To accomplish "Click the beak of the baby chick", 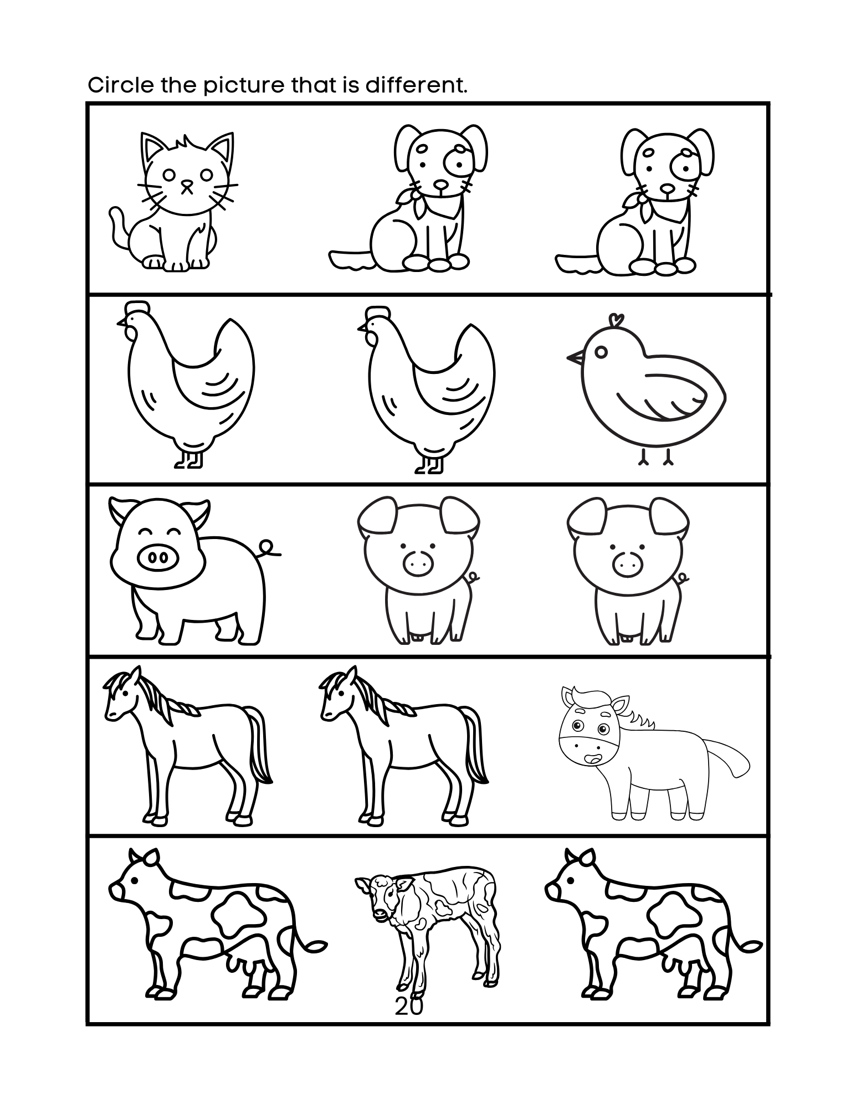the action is (x=575, y=357).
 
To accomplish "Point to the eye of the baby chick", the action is (x=601, y=352).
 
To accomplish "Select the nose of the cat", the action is (x=188, y=182).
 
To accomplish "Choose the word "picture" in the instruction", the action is (x=243, y=86).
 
